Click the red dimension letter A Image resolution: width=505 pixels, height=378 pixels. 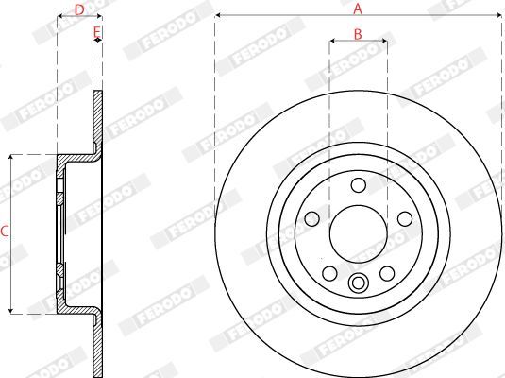[x=358, y=9]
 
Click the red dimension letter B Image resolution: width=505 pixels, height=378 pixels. [x=358, y=34]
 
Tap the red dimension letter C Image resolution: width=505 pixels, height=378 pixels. [x=5, y=232]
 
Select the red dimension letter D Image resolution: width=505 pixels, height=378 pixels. [x=79, y=10]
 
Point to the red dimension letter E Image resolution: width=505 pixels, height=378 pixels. [x=97, y=32]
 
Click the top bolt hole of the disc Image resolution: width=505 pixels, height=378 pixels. [x=359, y=185]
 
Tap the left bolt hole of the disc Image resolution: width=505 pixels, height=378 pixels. [x=311, y=219]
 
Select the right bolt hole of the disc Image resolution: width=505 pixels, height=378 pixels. [x=405, y=219]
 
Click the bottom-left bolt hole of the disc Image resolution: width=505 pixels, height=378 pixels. [x=329, y=273]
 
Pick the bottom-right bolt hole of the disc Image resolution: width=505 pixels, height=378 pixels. [x=387, y=273]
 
